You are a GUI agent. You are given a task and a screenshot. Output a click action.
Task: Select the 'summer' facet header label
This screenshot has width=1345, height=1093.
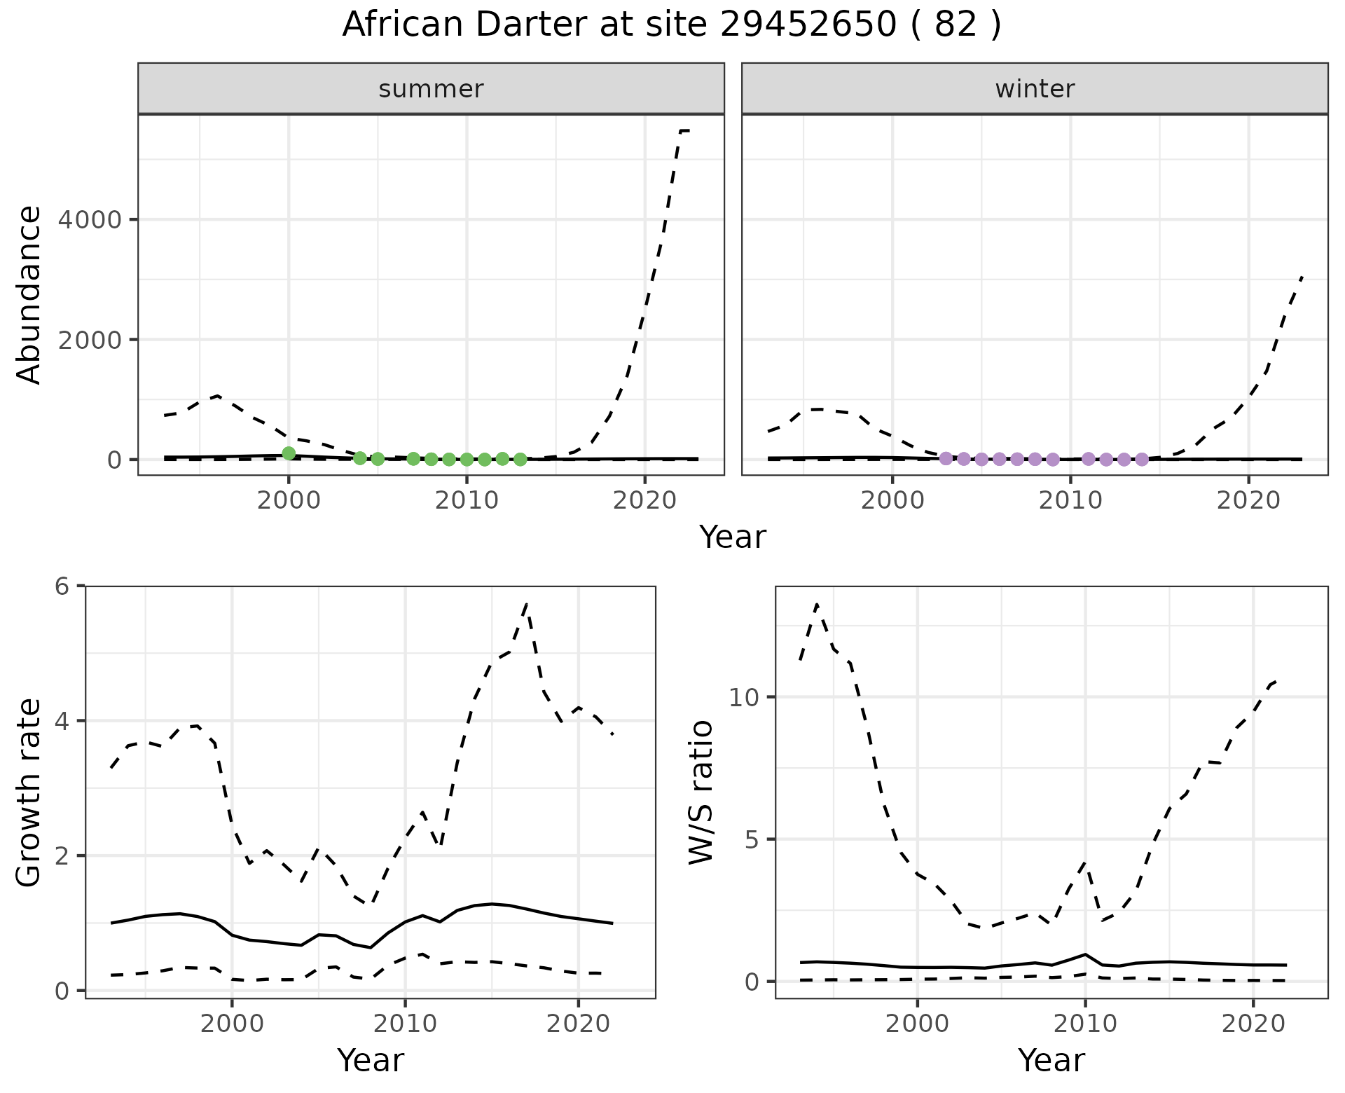tap(431, 89)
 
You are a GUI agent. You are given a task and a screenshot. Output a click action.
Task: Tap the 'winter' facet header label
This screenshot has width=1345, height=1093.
tap(1035, 89)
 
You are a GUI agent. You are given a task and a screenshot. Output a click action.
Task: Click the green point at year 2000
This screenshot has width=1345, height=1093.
tap(289, 453)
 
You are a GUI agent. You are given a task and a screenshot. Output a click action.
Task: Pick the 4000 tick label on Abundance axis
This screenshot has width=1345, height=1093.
tap(90, 220)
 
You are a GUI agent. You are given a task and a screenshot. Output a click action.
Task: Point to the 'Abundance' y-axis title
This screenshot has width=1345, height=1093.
tap(29, 295)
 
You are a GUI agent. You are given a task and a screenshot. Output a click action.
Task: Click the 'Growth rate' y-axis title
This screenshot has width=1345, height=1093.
tap(29, 793)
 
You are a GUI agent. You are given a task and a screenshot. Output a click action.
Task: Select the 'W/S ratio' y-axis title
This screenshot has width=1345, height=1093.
tap(701, 792)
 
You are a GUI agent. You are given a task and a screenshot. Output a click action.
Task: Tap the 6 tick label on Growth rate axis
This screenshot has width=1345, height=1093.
tap(63, 586)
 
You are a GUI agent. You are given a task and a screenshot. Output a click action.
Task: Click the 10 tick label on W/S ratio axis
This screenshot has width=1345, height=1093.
tap(744, 697)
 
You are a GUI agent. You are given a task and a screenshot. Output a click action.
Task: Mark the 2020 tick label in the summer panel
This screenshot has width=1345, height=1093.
tap(644, 500)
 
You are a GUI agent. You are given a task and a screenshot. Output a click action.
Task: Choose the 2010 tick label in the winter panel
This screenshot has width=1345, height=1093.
tap(1070, 500)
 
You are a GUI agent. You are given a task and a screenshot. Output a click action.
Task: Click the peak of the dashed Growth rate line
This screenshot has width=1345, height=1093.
tap(526, 603)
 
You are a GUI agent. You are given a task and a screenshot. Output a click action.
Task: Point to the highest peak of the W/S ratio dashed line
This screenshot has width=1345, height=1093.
tap(817, 603)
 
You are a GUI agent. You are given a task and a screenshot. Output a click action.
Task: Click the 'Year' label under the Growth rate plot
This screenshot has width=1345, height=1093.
tap(371, 1060)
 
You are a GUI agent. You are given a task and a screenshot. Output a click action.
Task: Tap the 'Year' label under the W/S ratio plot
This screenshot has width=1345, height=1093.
tap(1051, 1060)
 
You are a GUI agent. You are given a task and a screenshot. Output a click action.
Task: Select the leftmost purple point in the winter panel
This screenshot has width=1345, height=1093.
tap(946, 458)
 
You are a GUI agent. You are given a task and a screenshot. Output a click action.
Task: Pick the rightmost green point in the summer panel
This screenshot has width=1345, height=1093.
tap(520, 459)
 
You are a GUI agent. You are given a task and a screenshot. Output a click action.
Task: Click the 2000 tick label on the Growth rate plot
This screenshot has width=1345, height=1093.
tap(232, 1024)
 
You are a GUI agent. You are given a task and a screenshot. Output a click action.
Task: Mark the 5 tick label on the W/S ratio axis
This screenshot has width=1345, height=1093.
tap(752, 839)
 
